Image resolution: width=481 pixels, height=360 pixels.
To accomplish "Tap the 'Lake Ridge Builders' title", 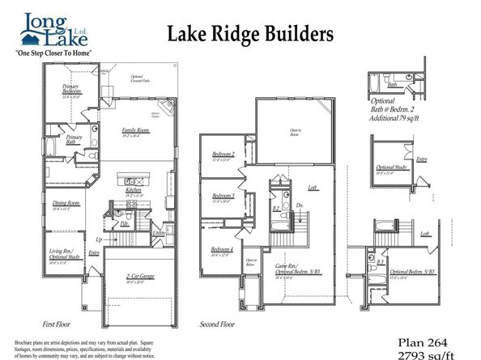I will coord(250,33).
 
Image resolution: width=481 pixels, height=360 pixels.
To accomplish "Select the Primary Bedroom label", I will coord(71,92).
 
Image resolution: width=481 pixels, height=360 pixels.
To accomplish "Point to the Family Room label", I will coord(135,130).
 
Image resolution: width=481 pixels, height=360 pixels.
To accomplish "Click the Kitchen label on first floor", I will coord(133,190).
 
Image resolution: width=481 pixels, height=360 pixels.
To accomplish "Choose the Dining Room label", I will coord(66,203).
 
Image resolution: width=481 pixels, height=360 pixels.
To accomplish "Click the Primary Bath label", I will coord(74,139).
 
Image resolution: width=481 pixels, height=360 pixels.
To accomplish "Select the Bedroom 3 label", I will coord(223,196).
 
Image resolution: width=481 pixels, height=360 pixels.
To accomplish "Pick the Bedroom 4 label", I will coord(223,249).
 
